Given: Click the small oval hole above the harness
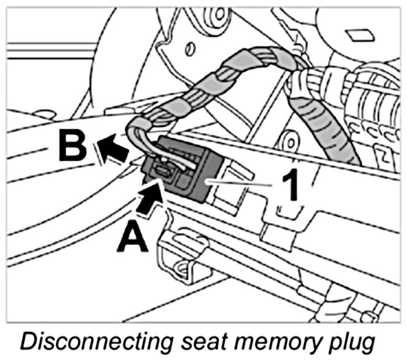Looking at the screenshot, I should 189,50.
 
